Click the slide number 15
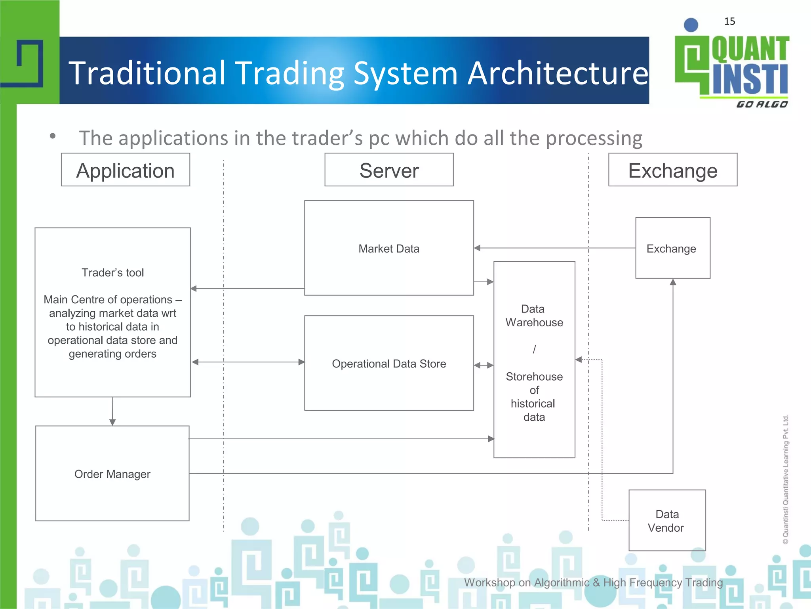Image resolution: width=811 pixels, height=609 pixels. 729,21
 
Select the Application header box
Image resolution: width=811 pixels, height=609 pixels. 126,170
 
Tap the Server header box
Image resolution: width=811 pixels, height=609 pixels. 389,170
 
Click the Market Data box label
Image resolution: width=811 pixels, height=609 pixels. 389,249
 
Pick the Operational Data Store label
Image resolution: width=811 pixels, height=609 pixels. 389,364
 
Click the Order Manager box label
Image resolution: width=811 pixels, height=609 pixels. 112,474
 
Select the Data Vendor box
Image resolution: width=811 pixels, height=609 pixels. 667,521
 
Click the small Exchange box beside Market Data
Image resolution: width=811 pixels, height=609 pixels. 672,249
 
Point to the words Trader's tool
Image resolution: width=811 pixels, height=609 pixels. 112,273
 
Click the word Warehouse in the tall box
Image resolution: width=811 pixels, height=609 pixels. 534,323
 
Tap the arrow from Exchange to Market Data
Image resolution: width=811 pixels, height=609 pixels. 554,248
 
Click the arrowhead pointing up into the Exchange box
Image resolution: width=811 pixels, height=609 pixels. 673,282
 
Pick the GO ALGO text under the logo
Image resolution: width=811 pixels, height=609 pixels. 762,104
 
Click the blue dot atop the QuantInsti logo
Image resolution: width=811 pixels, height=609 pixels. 691,25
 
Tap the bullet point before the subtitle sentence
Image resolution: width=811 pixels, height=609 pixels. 53,136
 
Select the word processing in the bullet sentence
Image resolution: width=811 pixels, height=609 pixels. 594,138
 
